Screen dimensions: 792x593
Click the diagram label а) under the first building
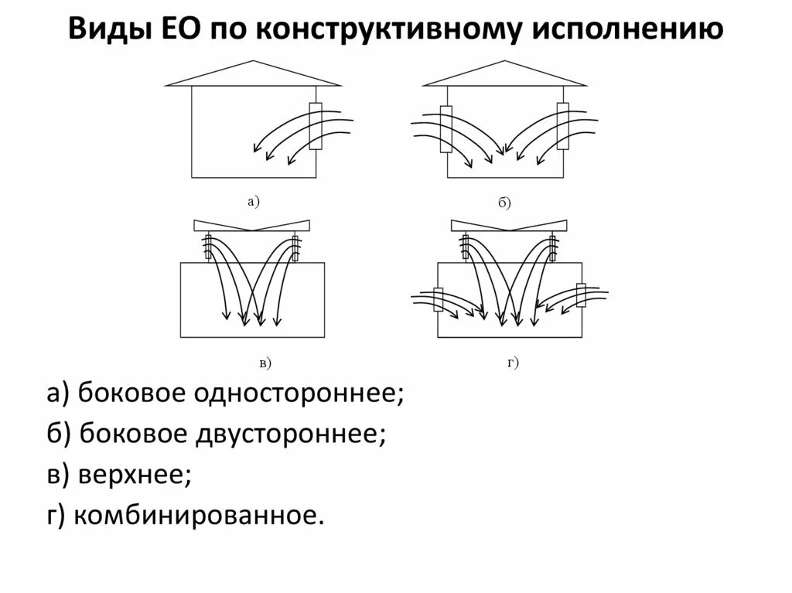(x=252, y=202)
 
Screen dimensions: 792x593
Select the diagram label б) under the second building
(x=504, y=203)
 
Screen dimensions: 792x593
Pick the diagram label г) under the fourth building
(x=513, y=361)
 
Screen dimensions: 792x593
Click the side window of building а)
(x=316, y=125)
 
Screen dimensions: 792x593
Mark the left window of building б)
(x=445, y=128)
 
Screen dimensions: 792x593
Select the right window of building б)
(x=562, y=126)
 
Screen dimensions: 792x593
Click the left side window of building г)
(x=438, y=299)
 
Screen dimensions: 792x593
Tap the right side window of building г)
(x=582, y=296)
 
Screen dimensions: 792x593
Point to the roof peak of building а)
(x=252, y=62)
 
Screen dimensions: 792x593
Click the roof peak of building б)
(x=504, y=62)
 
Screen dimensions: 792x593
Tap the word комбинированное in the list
(x=197, y=515)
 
